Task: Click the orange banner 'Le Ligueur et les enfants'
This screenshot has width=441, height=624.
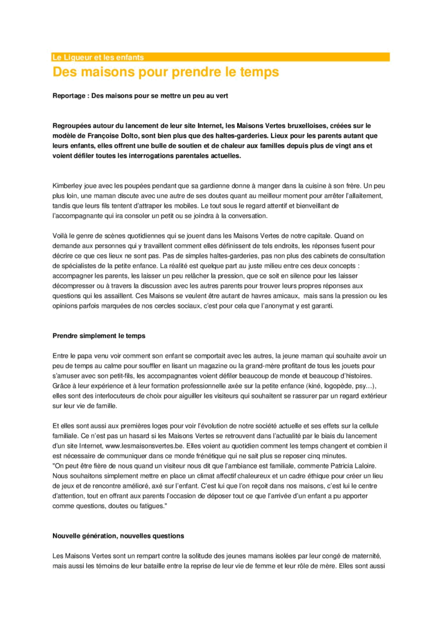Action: point(98,57)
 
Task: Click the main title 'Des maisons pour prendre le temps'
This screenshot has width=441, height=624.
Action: point(166,72)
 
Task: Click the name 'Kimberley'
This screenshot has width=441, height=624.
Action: point(68,186)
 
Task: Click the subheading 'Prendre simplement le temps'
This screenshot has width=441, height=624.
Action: point(99,335)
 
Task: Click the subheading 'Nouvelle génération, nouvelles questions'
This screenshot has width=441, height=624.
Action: point(118,536)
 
